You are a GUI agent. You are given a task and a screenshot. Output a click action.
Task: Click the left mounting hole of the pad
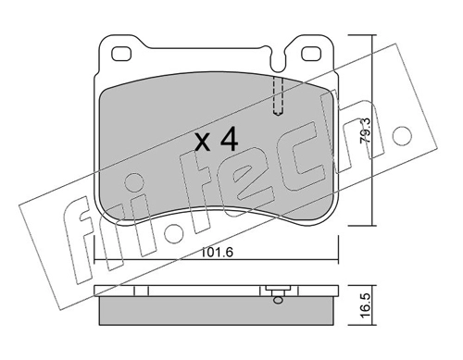pos(120,54)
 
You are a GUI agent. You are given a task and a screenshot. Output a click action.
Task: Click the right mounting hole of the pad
pos(311,54)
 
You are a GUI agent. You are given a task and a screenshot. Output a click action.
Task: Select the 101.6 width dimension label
pos(217,253)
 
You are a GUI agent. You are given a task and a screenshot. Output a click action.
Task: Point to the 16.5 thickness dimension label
pos(365,305)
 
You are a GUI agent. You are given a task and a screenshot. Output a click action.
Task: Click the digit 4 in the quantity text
pos(229,139)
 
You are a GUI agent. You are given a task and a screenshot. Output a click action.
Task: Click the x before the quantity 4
pos(204,143)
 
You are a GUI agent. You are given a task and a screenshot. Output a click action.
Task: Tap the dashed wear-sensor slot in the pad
pos(279,95)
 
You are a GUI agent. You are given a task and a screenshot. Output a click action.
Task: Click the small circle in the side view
pos(278,300)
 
